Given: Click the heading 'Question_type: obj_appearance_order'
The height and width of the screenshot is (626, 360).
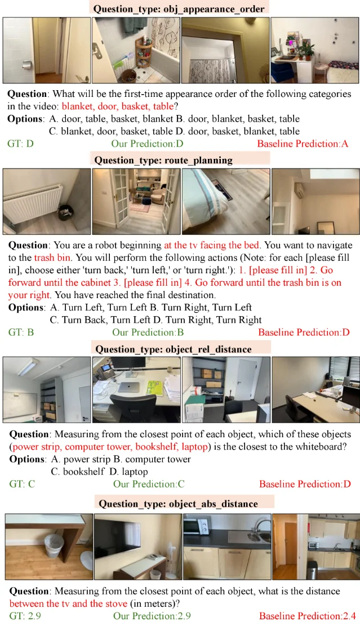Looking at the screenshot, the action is click(x=179, y=9).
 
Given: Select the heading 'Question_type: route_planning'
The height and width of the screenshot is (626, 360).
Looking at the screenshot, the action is click(x=163, y=160).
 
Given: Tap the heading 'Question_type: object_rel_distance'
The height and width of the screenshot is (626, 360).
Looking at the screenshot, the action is click(x=173, y=349).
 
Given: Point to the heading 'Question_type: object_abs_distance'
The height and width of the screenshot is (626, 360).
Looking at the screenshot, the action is click(x=178, y=504).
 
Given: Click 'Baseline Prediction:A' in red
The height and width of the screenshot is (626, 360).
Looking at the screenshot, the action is click(x=303, y=144).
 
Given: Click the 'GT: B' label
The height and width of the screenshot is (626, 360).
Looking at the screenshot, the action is click(x=21, y=332).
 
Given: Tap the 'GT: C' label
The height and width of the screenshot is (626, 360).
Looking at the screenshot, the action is click(x=22, y=484).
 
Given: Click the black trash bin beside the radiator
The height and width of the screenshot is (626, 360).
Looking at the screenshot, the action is click(x=64, y=213).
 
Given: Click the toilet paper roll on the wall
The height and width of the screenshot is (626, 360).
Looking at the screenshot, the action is click(x=26, y=64).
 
